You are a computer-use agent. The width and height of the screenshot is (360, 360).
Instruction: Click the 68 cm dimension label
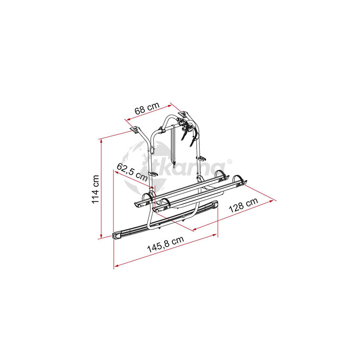click(147, 108)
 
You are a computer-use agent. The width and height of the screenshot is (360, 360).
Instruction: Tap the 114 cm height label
click(95, 189)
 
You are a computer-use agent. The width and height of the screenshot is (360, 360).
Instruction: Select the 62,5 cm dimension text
click(132, 172)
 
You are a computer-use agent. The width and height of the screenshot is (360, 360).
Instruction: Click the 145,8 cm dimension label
click(165, 244)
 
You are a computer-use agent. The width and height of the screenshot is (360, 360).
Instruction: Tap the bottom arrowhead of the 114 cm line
click(101, 236)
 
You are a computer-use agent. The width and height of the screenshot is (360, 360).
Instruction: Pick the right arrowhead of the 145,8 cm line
click(215, 235)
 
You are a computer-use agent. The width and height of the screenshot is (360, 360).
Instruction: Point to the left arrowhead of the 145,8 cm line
click(117, 265)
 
